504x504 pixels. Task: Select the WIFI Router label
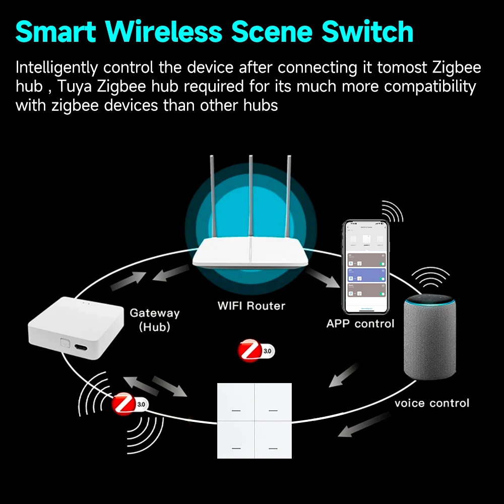[x=251, y=305]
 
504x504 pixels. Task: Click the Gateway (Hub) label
[x=154, y=320]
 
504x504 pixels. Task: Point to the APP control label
[x=360, y=324]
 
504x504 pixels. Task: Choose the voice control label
[x=431, y=403]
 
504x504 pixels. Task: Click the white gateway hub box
[x=76, y=325]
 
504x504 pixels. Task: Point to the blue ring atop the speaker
[x=430, y=301]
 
